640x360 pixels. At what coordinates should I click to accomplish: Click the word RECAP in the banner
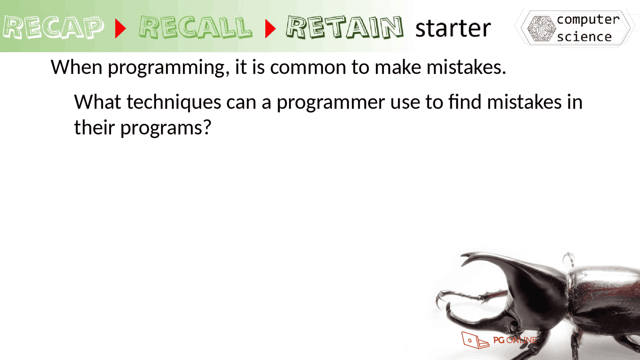53,28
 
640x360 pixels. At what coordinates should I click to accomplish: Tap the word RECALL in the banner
195,28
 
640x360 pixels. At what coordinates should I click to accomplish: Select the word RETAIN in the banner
344,28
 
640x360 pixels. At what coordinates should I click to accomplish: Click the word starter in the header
453,28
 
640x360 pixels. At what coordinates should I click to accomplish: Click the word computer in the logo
588,19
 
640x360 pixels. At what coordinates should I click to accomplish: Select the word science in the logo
584,37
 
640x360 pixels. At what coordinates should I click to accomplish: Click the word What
97,102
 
